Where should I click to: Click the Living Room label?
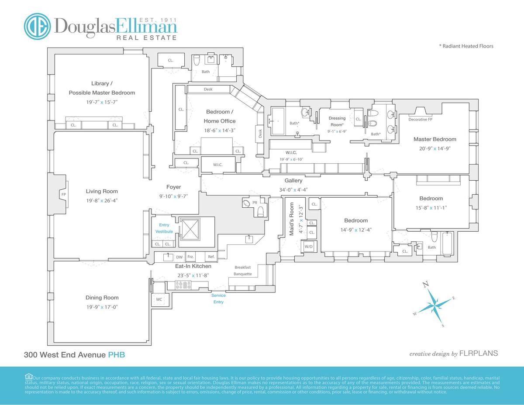point(102,191)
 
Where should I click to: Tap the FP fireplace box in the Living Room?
point(63,194)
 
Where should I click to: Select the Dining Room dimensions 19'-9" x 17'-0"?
point(102,307)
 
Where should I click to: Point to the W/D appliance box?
point(309,247)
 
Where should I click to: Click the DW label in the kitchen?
point(179,257)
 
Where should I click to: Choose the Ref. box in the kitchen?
point(211,257)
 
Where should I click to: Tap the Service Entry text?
point(218,299)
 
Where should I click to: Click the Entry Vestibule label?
point(164,228)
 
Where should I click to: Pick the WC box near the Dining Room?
point(159,300)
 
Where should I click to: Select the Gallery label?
point(293,180)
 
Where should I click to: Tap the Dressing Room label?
point(337,121)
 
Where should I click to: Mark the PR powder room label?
point(255,202)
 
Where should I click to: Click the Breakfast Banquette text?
point(242,271)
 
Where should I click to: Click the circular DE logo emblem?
point(37,26)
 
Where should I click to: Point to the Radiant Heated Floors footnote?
point(466,46)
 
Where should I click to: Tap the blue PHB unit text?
point(117,355)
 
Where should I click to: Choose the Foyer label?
point(173,187)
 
